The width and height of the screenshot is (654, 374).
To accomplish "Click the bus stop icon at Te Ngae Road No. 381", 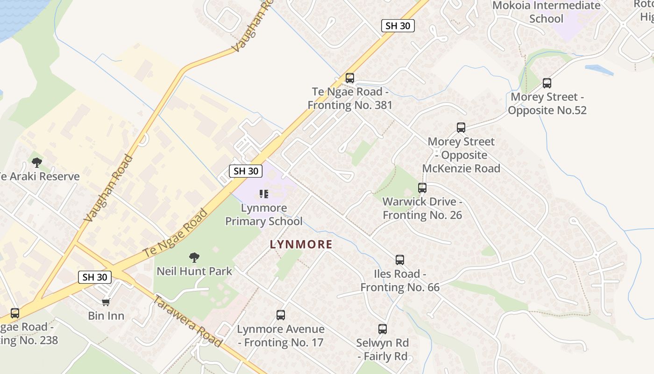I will (349, 78).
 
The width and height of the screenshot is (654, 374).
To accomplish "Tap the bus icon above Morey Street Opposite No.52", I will (547, 83).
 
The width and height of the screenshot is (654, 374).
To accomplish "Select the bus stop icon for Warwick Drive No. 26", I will (422, 188).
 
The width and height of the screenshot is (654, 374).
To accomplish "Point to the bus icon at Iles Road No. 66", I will (399, 260).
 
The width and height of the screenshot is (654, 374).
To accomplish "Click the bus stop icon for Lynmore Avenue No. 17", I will (280, 315).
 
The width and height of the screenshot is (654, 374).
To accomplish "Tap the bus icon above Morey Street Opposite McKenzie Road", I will (461, 128).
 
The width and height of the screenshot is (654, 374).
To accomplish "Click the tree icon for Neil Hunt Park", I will (194, 257).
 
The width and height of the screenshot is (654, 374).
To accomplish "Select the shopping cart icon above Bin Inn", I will (106, 302).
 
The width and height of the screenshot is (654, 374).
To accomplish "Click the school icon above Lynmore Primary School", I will (264, 194).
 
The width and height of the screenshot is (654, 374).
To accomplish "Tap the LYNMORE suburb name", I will (301, 244).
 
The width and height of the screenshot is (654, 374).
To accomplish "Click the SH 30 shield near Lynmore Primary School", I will (246, 171).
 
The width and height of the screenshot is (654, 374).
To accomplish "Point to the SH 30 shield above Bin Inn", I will (95, 277).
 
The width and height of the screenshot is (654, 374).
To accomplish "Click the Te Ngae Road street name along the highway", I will (175, 233).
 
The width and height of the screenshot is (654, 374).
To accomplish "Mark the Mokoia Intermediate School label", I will (546, 12).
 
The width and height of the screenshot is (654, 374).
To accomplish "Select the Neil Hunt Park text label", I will (194, 271).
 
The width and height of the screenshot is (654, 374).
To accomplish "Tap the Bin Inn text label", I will (107, 316).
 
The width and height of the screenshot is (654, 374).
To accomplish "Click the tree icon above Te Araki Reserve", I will (37, 163).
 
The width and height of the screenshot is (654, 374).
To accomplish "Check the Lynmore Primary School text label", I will (264, 214).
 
